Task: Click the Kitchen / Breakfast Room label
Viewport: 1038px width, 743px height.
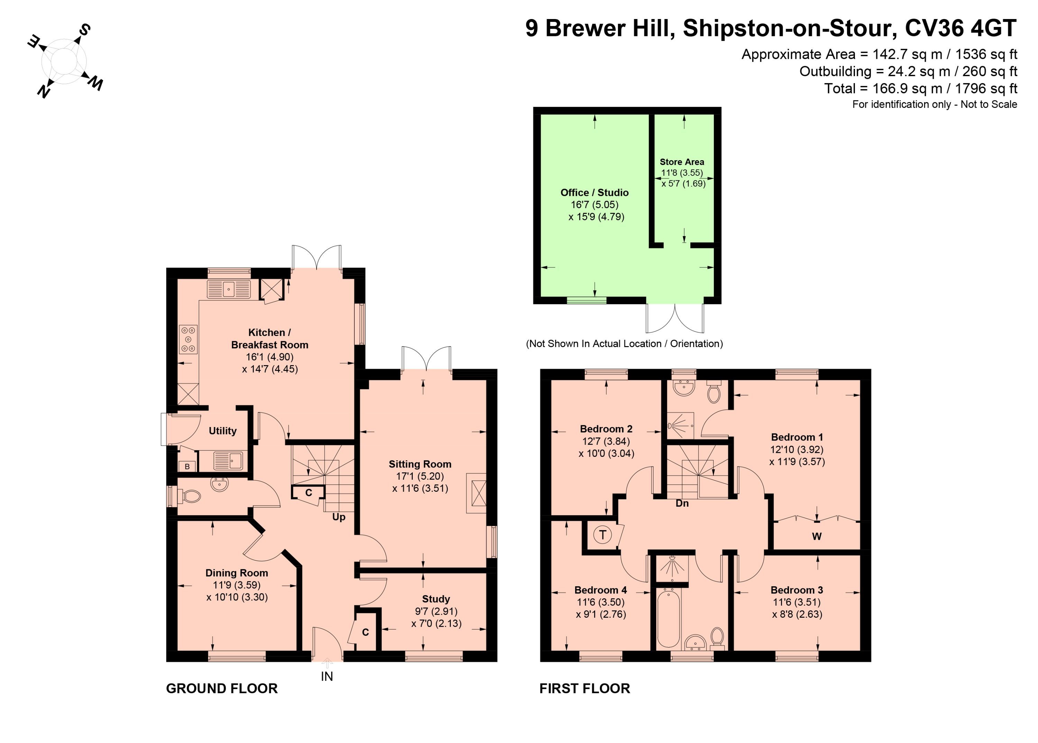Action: tap(270, 338)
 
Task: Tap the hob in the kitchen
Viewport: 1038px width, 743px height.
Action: tap(188, 339)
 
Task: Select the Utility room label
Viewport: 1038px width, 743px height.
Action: tap(223, 431)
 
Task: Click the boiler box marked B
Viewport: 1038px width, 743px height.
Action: tap(187, 466)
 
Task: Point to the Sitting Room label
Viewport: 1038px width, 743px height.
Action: tap(420, 464)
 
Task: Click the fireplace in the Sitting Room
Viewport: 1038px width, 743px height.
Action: tap(476, 493)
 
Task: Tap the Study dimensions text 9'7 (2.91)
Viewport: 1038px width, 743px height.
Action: tap(436, 611)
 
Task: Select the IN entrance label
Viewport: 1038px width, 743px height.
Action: tap(327, 676)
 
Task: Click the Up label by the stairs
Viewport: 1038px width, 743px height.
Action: tap(338, 517)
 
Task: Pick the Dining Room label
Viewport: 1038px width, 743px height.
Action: tap(237, 573)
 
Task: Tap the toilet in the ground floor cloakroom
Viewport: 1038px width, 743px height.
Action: tap(190, 496)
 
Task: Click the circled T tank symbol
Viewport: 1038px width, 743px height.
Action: tap(602, 534)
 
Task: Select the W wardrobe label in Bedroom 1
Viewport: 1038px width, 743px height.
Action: tap(817, 537)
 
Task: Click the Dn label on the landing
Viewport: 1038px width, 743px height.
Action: tap(682, 503)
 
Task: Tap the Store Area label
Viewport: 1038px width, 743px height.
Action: tap(682, 162)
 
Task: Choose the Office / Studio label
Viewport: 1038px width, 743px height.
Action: tap(594, 193)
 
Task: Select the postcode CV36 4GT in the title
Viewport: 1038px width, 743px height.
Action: tap(961, 28)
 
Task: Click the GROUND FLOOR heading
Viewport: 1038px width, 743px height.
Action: tap(222, 689)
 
